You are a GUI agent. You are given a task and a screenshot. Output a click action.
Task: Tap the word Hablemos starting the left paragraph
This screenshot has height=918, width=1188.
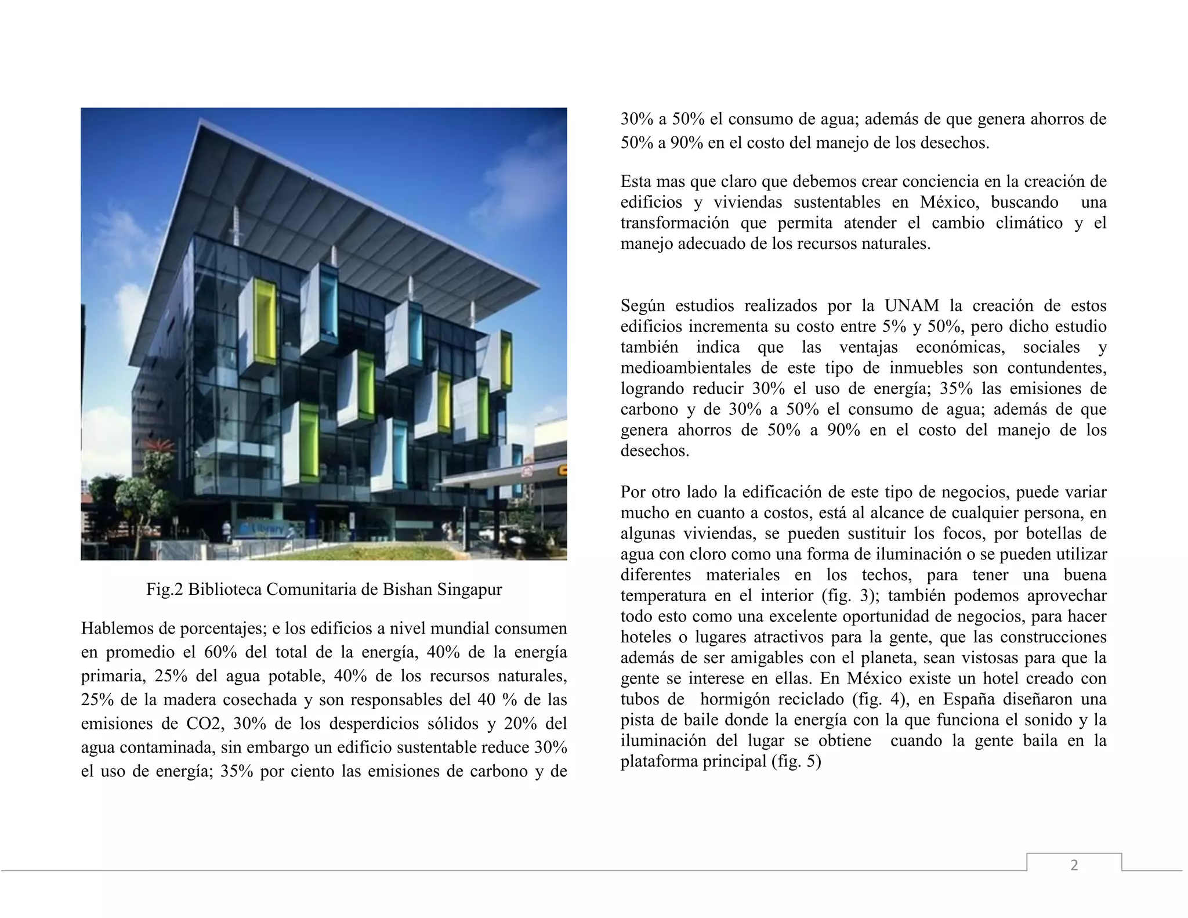pyautogui.click(x=117, y=628)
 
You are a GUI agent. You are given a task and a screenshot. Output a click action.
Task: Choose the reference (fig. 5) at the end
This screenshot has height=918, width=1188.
pyautogui.click(x=796, y=761)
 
